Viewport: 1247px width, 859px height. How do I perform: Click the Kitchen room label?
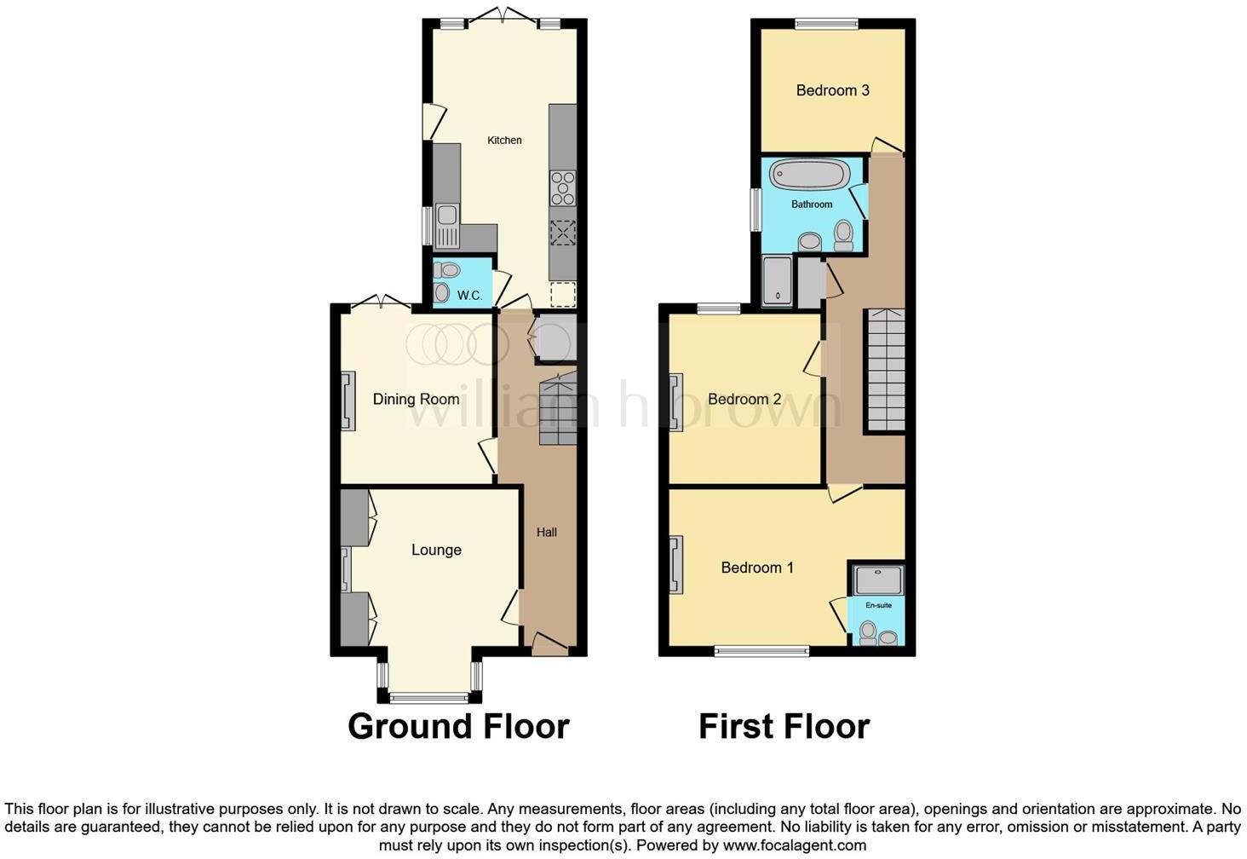coord(504,140)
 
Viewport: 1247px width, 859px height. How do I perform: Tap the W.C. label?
coord(469,296)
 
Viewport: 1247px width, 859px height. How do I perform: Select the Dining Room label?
coord(416,399)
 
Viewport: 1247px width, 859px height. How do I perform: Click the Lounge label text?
coord(436,550)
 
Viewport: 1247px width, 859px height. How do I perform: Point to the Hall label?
coord(547,532)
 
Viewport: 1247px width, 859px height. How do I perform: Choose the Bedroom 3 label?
coord(832,90)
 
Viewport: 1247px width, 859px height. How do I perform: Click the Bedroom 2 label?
coord(744,399)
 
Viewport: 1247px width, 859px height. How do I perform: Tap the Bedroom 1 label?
coord(757,567)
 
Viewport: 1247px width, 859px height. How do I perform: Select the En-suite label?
coord(878,605)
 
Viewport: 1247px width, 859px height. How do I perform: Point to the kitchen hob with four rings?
coord(562,188)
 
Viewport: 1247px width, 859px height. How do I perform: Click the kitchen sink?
coord(446,224)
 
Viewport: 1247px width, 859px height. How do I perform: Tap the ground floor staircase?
coord(558,411)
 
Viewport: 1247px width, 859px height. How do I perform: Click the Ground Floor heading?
coord(458,726)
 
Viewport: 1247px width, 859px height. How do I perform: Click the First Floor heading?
coord(784,726)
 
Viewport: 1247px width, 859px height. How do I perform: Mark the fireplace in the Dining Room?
coord(348,401)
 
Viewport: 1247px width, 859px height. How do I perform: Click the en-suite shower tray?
coord(877,581)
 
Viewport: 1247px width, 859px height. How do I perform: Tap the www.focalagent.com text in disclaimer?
coord(794,845)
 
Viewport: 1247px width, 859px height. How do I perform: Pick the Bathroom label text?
coord(812,205)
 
